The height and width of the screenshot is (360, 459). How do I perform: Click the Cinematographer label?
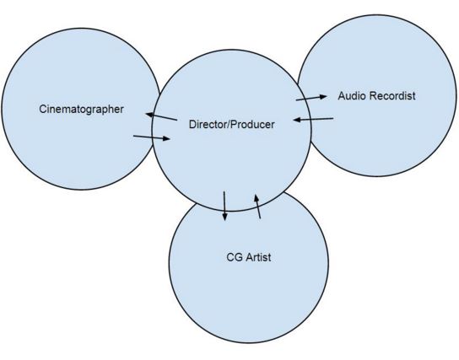pyautogui.click(x=81, y=109)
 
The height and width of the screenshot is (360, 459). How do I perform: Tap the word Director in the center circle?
pyautogui.click(x=209, y=125)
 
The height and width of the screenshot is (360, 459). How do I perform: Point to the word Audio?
pyautogui.click(x=352, y=95)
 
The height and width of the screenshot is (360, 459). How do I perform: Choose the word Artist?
pyautogui.click(x=256, y=256)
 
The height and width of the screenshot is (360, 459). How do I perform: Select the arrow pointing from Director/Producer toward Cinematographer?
pyautogui.click(x=160, y=116)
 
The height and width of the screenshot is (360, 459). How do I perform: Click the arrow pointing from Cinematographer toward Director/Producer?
pyautogui.click(x=152, y=137)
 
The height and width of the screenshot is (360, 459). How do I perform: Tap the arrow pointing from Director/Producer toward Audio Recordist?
pyautogui.click(x=311, y=99)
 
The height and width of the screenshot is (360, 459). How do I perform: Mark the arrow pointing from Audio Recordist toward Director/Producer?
pyautogui.click(x=312, y=121)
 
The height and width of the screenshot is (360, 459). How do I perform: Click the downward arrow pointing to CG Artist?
pyautogui.click(x=224, y=206)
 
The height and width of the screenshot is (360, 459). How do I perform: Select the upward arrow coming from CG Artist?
pyautogui.click(x=257, y=206)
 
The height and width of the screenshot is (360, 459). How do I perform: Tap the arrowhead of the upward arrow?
pyautogui.click(x=256, y=196)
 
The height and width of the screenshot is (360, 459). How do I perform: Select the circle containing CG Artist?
pyautogui.click(x=249, y=295)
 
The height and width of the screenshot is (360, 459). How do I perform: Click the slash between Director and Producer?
pyautogui.click(x=230, y=125)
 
